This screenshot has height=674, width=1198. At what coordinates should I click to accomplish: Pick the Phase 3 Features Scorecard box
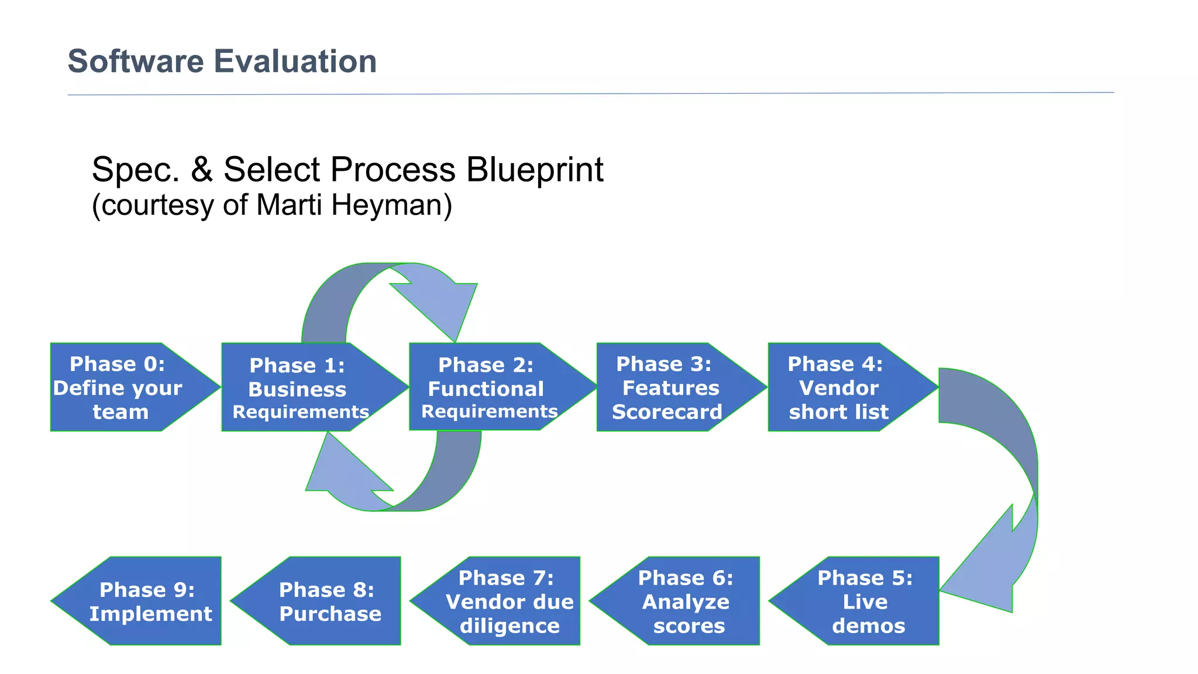667,387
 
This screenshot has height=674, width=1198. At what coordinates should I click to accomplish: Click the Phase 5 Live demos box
866,601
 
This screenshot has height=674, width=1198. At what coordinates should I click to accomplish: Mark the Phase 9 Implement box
149,601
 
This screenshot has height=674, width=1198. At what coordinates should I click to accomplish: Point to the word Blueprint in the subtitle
535,170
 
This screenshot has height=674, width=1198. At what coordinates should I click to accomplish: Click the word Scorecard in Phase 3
667,412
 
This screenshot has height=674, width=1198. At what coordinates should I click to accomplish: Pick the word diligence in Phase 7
510,626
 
